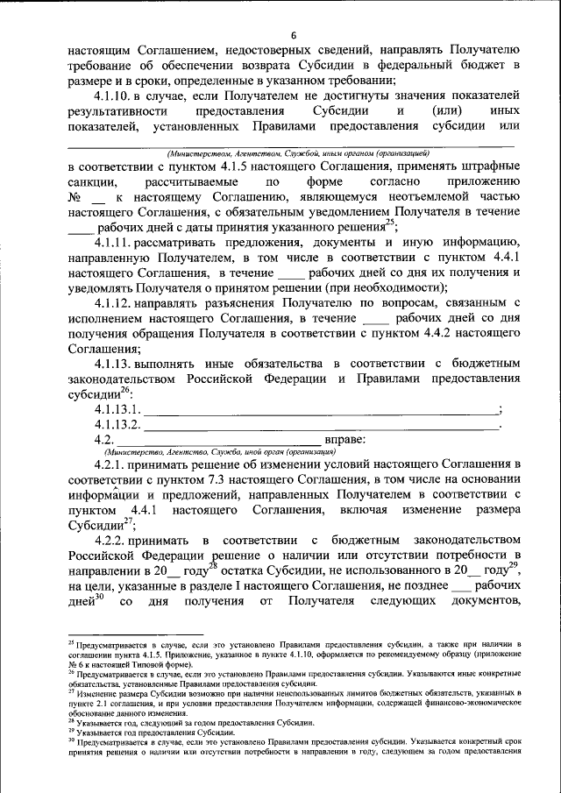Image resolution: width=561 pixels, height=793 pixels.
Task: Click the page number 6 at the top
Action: pyautogui.click(x=295, y=33)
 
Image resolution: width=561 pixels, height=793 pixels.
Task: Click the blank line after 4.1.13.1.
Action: pyautogui.click(x=320, y=407)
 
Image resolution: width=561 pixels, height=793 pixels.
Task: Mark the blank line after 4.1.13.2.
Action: pyautogui.click(x=320, y=423)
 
